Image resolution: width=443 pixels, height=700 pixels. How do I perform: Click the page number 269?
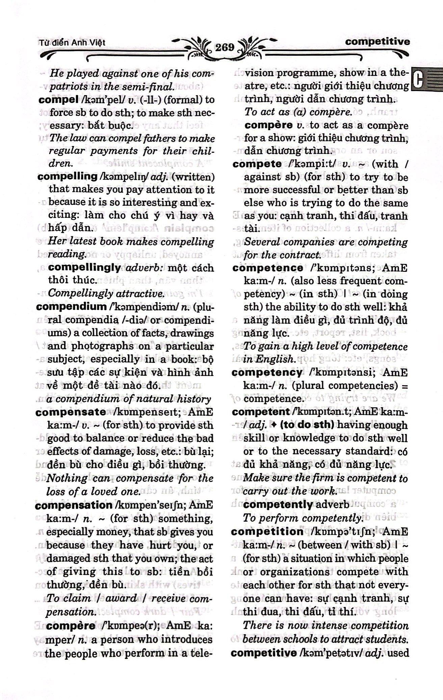(225, 48)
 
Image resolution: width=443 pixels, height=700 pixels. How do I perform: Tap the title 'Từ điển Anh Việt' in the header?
(72, 43)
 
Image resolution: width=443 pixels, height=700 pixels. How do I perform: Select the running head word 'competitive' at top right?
(377, 42)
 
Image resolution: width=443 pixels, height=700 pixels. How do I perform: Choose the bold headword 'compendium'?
(71, 307)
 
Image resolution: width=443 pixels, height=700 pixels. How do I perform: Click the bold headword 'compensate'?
(70, 412)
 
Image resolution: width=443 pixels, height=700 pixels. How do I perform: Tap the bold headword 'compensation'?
(73, 505)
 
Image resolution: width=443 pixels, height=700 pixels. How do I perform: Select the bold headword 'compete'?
(257, 164)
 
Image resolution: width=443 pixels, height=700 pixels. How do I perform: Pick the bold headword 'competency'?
(267, 373)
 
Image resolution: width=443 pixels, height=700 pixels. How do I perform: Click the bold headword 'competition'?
(267, 532)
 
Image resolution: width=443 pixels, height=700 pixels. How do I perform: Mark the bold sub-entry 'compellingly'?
(84, 268)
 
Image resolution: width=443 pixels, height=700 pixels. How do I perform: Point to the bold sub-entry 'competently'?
(278, 505)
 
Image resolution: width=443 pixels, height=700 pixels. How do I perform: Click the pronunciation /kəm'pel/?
(95, 100)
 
